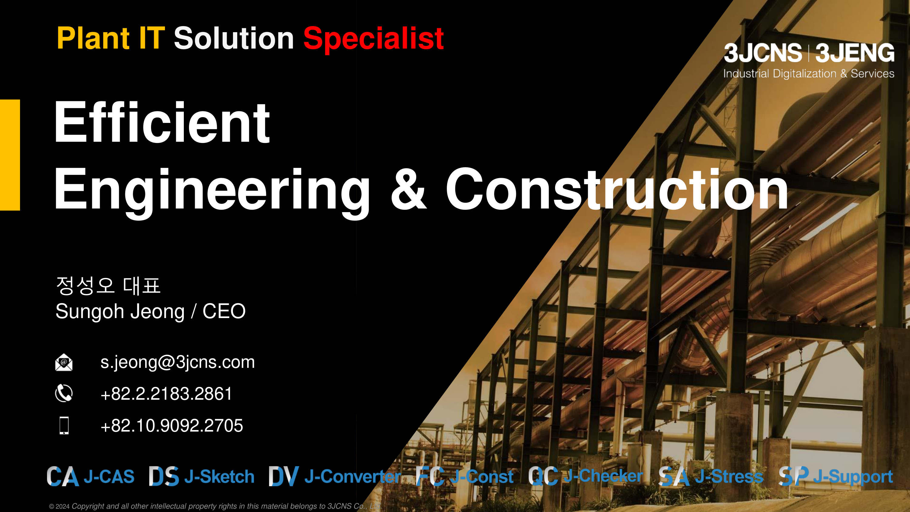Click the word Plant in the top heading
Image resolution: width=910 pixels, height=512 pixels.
point(93,38)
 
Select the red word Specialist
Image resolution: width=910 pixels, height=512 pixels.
point(373,39)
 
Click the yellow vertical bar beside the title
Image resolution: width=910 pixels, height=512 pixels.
point(10,155)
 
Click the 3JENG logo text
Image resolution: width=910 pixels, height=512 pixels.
point(855,53)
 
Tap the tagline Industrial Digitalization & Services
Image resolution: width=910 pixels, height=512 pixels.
point(809,73)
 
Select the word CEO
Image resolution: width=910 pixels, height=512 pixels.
point(224,311)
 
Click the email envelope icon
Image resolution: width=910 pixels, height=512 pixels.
point(64,362)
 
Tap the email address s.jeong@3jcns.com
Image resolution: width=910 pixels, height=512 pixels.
point(177,362)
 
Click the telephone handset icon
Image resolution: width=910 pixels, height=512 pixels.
point(64,393)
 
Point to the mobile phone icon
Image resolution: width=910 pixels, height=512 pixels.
point(64,426)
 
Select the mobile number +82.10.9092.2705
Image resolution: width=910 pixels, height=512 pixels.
point(172,426)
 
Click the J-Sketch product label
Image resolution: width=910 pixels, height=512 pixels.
point(219,477)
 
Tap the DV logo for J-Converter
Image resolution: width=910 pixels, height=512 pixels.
point(284,476)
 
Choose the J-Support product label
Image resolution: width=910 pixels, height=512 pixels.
point(853,477)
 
